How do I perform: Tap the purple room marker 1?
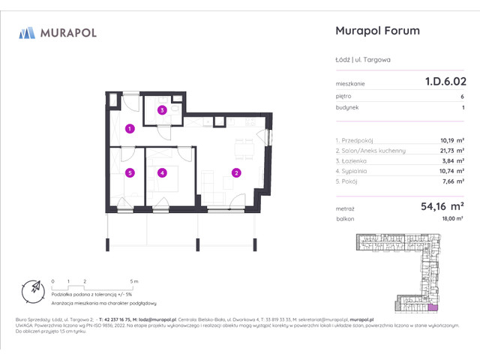130,129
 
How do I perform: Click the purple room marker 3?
161,110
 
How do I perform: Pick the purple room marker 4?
161,172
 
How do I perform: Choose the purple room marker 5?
130,172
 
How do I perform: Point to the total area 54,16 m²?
434,205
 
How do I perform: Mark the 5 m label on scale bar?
133,280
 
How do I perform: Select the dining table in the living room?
241,146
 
